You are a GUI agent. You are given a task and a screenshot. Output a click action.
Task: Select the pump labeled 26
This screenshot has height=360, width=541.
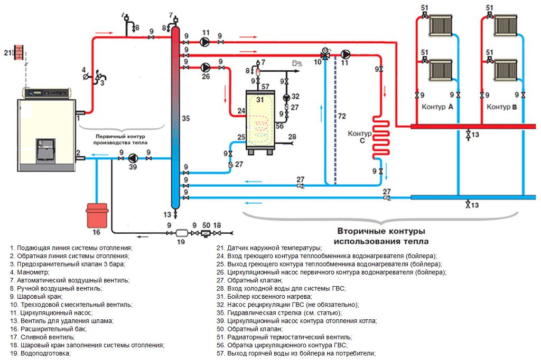(206, 67)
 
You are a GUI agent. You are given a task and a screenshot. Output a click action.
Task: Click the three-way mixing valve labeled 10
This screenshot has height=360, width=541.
(324, 54)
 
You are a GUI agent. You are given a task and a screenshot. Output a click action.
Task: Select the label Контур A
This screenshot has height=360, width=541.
(438, 107)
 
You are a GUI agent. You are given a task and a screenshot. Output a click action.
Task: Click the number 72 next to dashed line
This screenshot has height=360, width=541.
(342, 116)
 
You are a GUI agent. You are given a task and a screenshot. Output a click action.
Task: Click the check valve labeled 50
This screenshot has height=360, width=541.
(206, 232)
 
